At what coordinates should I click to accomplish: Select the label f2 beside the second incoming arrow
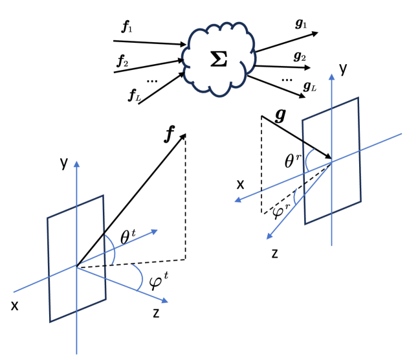point(122,62)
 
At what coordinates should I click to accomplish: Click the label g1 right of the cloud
point(301,25)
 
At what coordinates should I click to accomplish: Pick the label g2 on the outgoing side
point(300,56)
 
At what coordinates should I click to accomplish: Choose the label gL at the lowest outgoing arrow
point(309,85)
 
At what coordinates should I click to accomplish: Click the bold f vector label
point(170,135)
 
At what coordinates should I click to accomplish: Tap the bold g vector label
point(280,115)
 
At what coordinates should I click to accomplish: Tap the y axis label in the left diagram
point(63,163)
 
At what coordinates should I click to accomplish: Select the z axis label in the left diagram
point(157,313)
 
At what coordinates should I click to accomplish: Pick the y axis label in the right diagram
point(344,68)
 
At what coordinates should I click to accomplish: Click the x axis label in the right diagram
point(240,184)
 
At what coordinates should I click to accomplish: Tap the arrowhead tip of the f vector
point(186,133)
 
